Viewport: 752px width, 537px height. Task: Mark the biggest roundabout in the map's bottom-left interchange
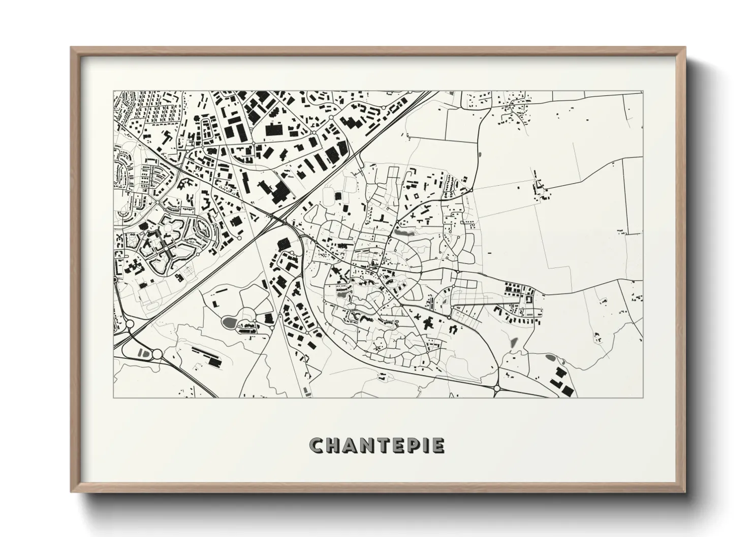[157, 354]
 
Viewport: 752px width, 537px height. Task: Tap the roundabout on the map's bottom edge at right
[496, 388]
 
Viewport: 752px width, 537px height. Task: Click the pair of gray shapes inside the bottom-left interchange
[143, 352]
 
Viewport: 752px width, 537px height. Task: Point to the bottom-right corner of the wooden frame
[684, 492]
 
